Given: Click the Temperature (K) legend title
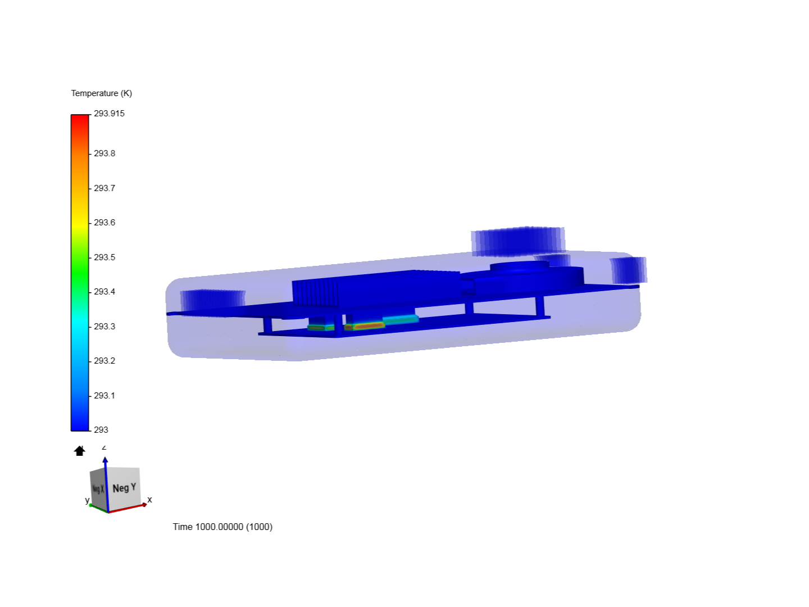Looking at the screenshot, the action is coord(101,93).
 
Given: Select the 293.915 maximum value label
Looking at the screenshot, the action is coord(109,114).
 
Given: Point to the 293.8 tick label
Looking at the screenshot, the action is coord(104,153).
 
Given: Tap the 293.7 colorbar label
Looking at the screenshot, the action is coord(104,188).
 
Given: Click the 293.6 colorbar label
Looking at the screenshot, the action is coord(104,223).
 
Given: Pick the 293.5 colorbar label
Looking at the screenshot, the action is coord(104,257).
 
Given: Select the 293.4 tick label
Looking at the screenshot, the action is coord(104,292).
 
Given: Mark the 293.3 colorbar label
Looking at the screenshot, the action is coord(104,326).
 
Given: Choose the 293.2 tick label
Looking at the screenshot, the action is coord(104,360).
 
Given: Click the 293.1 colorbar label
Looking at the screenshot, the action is coord(104,396).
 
